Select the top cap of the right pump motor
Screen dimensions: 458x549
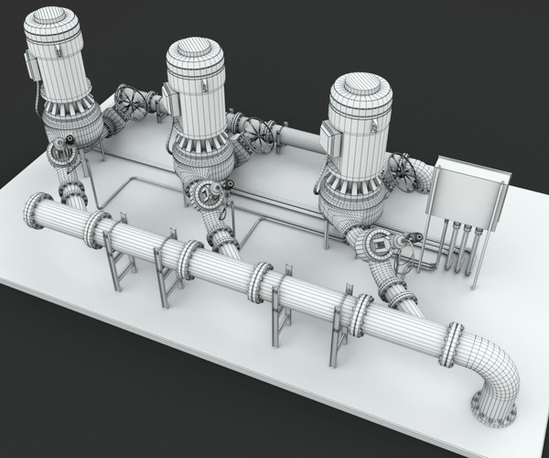coord(361,89)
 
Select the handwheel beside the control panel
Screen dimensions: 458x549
coord(404,170)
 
